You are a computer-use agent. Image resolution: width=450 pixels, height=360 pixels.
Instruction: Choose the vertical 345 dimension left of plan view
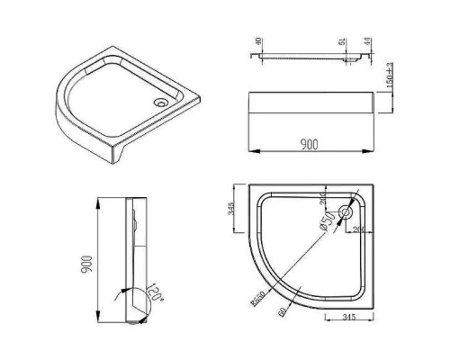[x=231, y=209]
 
